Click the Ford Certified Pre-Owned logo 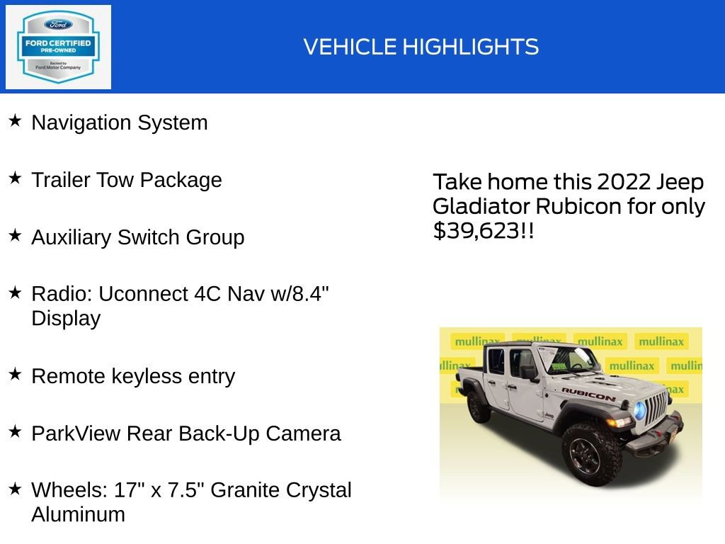point(58,47)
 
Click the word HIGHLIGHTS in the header point(471,47)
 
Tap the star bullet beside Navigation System point(15,121)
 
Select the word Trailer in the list point(61,180)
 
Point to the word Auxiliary point(71,237)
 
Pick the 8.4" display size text point(311,294)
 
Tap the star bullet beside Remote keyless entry point(15,375)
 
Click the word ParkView point(76,433)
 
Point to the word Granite point(246,490)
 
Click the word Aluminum point(78,514)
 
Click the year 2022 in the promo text point(623,182)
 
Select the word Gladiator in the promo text point(481,206)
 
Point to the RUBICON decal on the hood point(588,394)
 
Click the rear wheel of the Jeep point(479,405)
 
